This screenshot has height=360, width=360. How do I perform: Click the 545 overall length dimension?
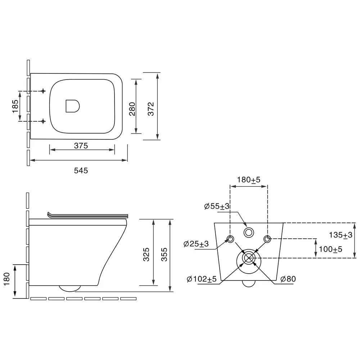pyautogui.click(x=81, y=170)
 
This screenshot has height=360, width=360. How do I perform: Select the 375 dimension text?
pyautogui.click(x=81, y=145)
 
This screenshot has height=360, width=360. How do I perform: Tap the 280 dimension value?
pyautogui.click(x=132, y=109)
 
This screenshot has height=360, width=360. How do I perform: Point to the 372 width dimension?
pyautogui.click(x=150, y=109)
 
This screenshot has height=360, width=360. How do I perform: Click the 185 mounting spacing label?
pyautogui.click(x=15, y=106)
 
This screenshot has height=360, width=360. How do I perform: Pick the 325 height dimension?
pyautogui.click(x=146, y=255)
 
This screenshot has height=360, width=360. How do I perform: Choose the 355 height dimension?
pyautogui.click(x=164, y=255)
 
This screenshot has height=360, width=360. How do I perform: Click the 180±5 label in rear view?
pyautogui.click(x=249, y=180)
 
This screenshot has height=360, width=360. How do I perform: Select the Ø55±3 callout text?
pyautogui.click(x=217, y=206)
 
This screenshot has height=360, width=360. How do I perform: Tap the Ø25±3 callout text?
pyautogui.click(x=196, y=244)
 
